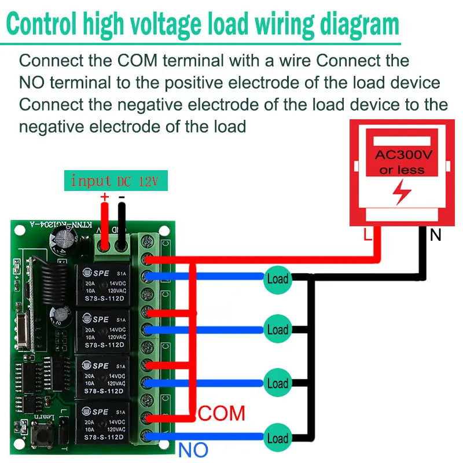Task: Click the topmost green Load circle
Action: (x=277, y=279)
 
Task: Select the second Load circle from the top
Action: (x=277, y=330)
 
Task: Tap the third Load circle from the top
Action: (x=277, y=383)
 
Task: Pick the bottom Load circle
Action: (x=277, y=438)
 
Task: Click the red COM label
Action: (x=222, y=413)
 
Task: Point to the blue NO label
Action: (x=193, y=450)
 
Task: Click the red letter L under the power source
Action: (x=366, y=235)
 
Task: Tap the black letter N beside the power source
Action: (x=435, y=235)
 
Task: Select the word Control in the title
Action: (x=44, y=25)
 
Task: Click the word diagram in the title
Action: (x=352, y=25)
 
